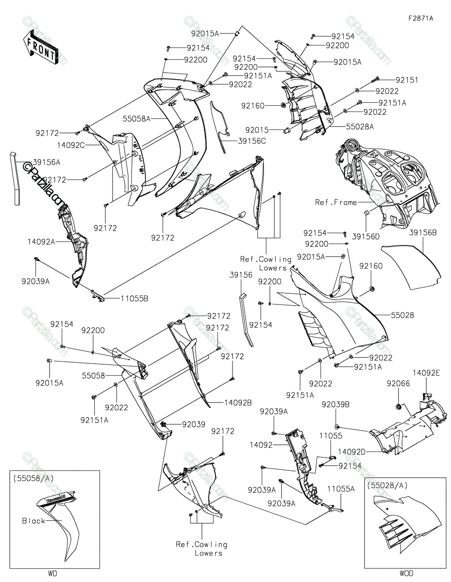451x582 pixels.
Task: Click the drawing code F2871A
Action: [x=421, y=18]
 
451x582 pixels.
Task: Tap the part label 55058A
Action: [x=137, y=119]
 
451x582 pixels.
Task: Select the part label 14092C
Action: [x=71, y=145]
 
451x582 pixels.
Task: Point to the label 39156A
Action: [x=47, y=162]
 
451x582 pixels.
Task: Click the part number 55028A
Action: [x=360, y=127]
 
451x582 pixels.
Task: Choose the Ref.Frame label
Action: [x=336, y=202]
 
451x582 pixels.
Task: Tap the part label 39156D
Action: [x=366, y=237]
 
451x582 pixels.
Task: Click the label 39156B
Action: [x=423, y=233]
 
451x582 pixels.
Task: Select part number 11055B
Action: [x=134, y=298]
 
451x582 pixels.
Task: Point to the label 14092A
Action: [x=41, y=242]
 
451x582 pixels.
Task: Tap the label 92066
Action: [x=398, y=384]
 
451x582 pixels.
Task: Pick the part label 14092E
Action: [x=426, y=373]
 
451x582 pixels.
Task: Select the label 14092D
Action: [x=352, y=452]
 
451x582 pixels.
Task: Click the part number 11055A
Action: [x=341, y=489]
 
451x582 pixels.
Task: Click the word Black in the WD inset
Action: [x=33, y=521]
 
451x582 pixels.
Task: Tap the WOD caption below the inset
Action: [x=406, y=573]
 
